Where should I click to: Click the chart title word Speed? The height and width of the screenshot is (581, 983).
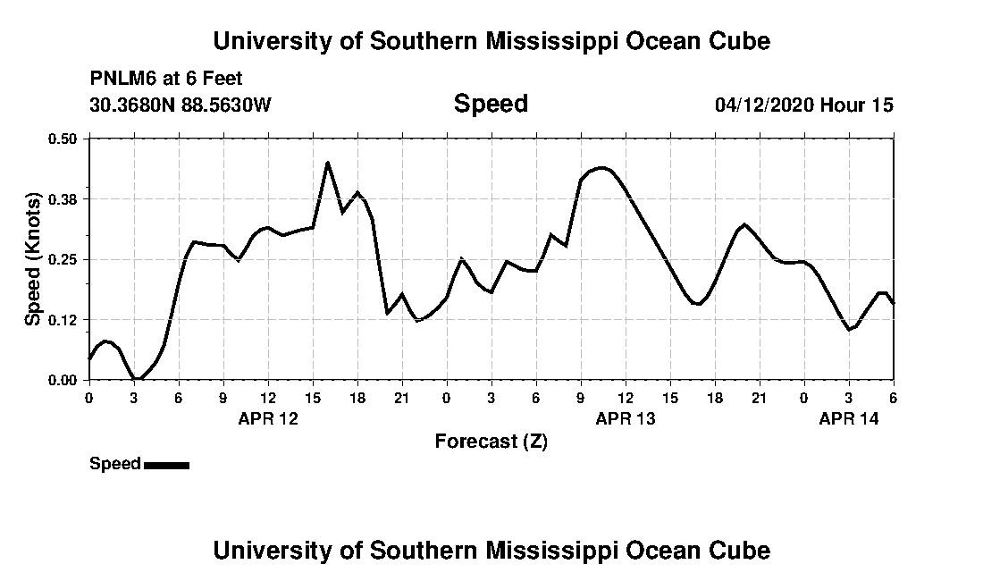tap(491, 104)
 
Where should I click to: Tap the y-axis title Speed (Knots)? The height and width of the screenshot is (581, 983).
tap(33, 258)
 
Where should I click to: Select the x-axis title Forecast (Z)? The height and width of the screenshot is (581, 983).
tap(491, 441)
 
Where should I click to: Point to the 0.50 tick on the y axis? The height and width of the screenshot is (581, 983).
tap(63, 139)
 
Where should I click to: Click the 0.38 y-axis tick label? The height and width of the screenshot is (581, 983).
tap(63, 198)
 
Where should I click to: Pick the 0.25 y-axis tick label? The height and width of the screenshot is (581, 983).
tap(63, 259)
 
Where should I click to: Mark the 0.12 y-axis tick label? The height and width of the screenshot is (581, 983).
tap(63, 320)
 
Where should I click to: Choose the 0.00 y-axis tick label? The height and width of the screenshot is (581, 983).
tap(63, 380)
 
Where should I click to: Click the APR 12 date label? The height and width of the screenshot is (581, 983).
tap(268, 418)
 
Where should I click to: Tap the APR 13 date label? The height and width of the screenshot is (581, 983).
tap(626, 418)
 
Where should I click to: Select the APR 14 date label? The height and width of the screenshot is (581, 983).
tap(849, 418)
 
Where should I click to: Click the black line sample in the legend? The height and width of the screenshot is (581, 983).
tap(166, 465)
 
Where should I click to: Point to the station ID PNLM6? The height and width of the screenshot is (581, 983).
tap(121, 79)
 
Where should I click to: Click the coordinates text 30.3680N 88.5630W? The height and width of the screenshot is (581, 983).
tap(180, 105)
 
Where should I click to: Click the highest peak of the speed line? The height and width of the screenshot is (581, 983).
tap(328, 163)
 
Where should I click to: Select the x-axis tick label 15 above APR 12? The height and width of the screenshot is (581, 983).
tap(313, 398)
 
